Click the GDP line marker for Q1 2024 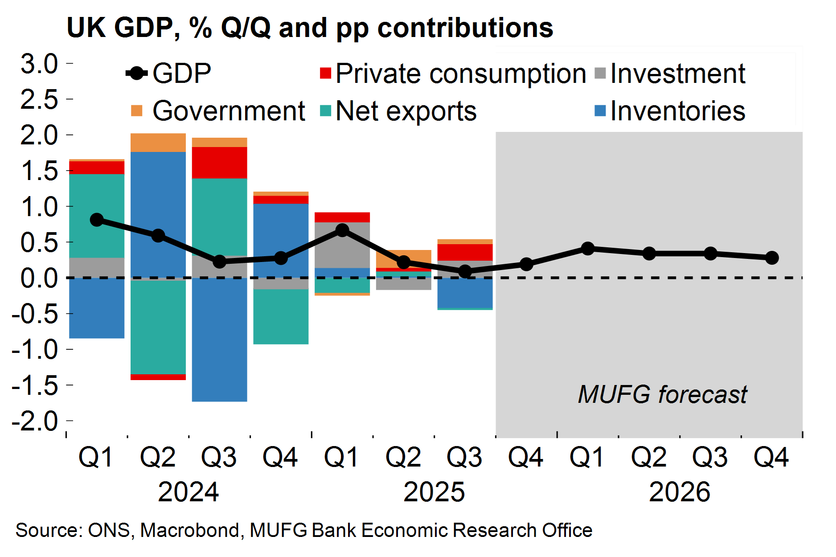coord(97,220)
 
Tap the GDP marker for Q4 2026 coord(772,258)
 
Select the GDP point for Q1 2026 coord(588,248)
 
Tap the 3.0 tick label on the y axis coord(39,63)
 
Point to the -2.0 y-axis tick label coord(35,421)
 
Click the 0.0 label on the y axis coord(39,278)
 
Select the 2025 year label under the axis coord(434,492)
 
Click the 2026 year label coord(679,492)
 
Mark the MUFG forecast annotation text coord(662,394)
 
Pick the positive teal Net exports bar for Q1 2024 coord(97,216)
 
